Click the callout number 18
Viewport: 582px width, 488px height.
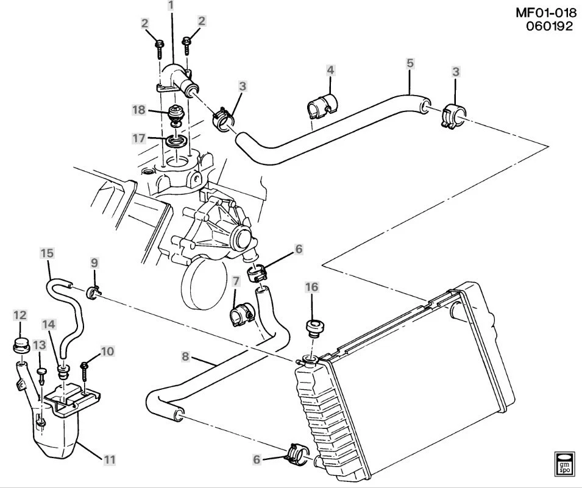tap(139, 110)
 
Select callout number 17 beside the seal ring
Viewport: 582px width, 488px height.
tap(139, 138)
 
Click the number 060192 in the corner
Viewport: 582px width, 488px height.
tap(550, 26)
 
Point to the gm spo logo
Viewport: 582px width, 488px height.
tap(564, 464)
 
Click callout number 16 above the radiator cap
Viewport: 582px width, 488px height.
tap(312, 286)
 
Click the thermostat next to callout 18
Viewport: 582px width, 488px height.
tap(174, 115)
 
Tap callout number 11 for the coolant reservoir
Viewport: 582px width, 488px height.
tap(110, 460)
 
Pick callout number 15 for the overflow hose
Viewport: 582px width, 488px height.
tap(47, 253)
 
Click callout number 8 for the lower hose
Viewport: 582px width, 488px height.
tap(185, 356)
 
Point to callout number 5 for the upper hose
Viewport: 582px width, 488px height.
tap(410, 63)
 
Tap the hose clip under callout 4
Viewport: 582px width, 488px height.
tap(322, 106)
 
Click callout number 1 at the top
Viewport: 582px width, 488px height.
tap(171, 5)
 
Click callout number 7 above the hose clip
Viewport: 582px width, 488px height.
tap(236, 281)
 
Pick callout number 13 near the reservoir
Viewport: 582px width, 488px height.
tap(40, 345)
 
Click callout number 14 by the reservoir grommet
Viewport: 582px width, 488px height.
tap(49, 324)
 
